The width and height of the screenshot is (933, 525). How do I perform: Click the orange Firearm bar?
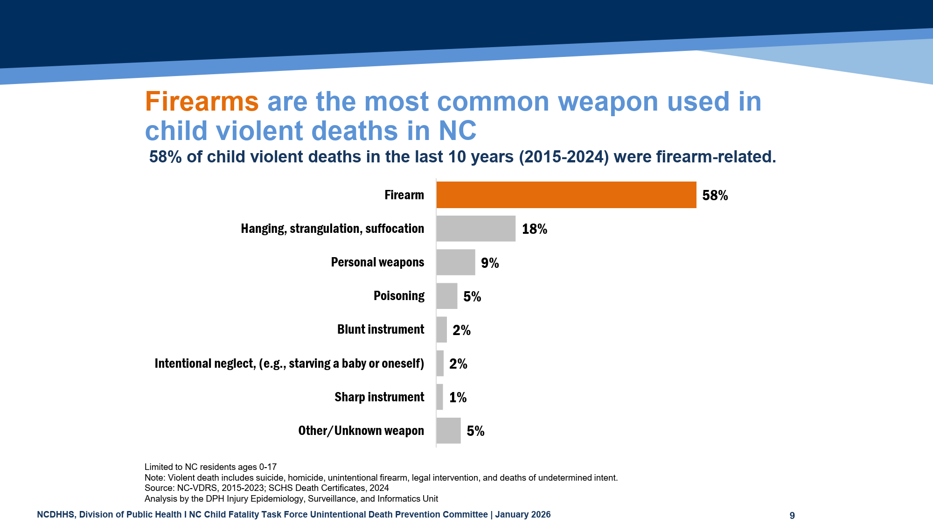click(566, 195)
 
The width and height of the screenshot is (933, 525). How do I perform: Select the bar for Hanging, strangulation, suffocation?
click(476, 229)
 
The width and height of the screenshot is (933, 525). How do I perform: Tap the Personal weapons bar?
click(456, 262)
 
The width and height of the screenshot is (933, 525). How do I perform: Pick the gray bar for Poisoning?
click(447, 296)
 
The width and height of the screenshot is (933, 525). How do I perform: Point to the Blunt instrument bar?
click(442, 329)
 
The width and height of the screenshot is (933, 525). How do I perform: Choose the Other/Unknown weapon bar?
click(448, 430)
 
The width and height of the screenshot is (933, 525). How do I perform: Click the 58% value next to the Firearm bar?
click(715, 196)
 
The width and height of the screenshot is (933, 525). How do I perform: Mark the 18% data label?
click(534, 229)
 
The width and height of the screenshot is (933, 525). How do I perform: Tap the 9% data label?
click(490, 263)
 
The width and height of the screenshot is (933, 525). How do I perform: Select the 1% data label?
click(458, 398)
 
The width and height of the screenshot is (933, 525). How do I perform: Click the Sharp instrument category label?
click(379, 397)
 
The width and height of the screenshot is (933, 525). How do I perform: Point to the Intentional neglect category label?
click(289, 364)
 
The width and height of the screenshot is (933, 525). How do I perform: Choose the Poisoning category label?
click(399, 296)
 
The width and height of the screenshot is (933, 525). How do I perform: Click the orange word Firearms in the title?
click(202, 101)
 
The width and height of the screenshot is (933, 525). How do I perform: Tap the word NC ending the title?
click(457, 131)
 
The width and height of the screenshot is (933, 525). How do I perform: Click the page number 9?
click(792, 515)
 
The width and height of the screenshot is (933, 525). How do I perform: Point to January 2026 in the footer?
click(522, 514)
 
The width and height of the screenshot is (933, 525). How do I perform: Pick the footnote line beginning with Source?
click(266, 488)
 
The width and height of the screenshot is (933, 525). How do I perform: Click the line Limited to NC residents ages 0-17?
click(210, 467)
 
